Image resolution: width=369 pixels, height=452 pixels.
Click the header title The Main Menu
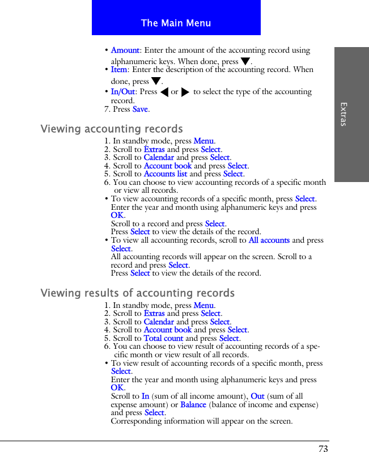(x=176, y=23)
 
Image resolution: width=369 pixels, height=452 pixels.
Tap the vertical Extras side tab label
(x=343, y=114)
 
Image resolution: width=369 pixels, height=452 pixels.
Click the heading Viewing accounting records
(x=112, y=129)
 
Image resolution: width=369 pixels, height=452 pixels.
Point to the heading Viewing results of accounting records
(x=137, y=293)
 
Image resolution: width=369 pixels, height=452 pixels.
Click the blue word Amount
(x=125, y=50)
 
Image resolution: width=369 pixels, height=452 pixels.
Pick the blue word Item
(x=119, y=70)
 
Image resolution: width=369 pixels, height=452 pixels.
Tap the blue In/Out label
(x=123, y=92)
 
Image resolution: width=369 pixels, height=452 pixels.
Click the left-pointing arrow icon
(x=164, y=92)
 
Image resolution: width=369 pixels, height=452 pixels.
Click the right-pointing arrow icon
(x=185, y=92)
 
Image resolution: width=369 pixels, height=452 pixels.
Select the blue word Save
(x=140, y=109)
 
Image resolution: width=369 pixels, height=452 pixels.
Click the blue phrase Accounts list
(x=165, y=174)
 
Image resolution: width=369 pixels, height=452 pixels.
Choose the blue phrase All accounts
(x=269, y=240)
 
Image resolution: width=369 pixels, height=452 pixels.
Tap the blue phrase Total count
(x=163, y=338)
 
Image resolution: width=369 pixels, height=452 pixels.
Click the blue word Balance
(x=193, y=404)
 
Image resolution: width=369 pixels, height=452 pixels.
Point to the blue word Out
(x=257, y=396)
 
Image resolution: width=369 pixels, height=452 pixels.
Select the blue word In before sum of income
(x=146, y=396)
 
